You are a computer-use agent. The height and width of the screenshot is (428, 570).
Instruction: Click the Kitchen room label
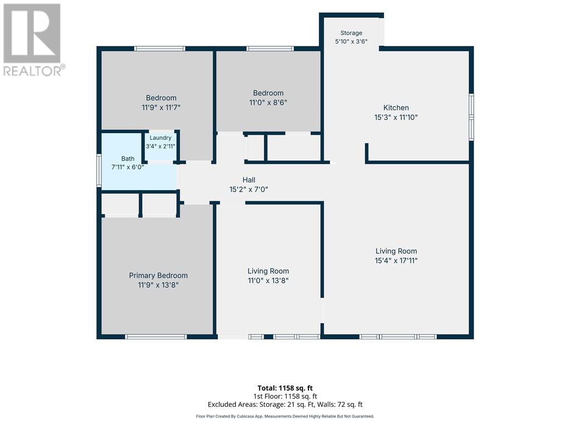[396, 108]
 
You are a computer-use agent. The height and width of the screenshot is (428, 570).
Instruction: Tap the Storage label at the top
[351, 33]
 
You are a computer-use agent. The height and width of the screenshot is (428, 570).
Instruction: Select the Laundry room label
[160, 138]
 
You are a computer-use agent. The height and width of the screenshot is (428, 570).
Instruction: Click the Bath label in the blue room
[127, 159]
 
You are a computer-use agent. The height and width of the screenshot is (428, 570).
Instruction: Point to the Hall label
[249, 180]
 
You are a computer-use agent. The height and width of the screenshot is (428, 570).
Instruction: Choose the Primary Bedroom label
[158, 275]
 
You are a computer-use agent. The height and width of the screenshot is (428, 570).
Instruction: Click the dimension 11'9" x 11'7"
[161, 108]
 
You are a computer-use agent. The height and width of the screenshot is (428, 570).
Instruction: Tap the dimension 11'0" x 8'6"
[268, 103]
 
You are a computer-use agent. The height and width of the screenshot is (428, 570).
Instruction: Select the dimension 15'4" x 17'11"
[396, 261]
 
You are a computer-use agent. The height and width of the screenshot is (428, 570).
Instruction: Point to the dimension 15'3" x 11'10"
[396, 117]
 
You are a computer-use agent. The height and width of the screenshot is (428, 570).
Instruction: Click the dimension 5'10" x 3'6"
[351, 41]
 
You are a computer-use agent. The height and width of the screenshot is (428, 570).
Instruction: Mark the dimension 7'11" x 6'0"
[127, 167]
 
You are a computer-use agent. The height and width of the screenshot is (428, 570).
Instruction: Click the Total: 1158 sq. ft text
[285, 388]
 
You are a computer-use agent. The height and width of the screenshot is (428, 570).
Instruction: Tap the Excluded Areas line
[285, 405]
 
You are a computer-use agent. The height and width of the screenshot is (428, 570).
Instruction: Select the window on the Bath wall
[99, 171]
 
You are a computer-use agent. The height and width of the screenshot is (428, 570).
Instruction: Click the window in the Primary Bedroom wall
[156, 337]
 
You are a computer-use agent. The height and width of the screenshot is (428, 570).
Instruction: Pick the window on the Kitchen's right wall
[471, 117]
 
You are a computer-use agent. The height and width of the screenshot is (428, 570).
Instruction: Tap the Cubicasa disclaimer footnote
[285, 416]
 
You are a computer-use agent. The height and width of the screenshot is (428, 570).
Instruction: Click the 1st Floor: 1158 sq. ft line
[285, 396]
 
